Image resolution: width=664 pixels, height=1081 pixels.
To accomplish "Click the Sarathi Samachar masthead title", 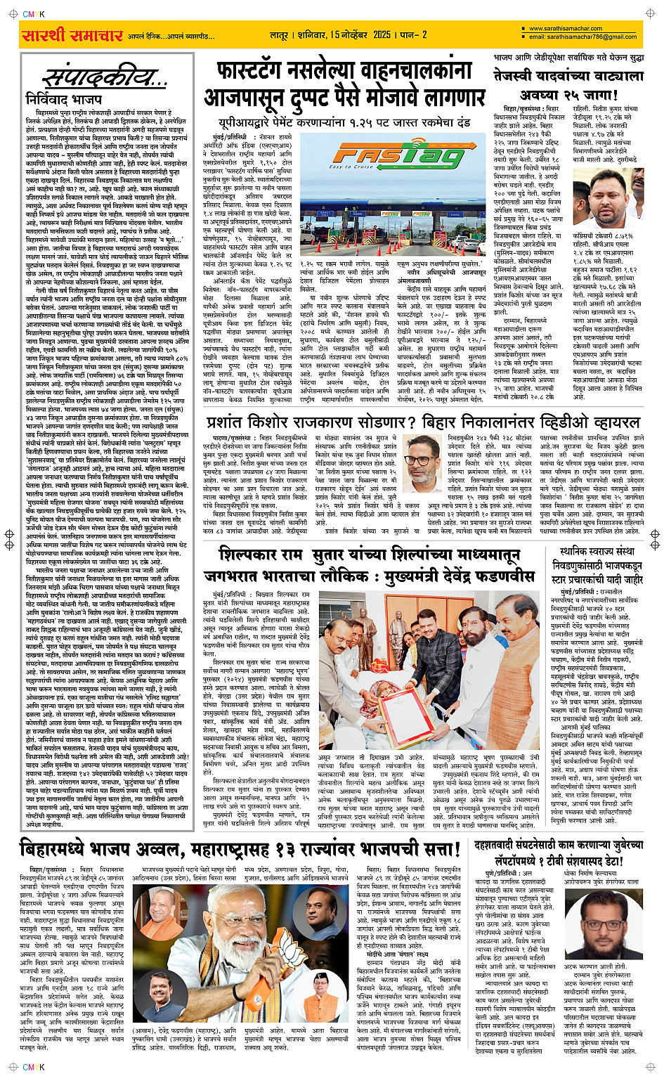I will click(72, 34).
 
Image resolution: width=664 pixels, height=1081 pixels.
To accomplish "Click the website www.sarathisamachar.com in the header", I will click(566, 29).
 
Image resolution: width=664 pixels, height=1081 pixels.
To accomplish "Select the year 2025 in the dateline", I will click(382, 34).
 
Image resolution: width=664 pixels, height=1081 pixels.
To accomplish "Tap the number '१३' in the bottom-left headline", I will click(287, 849).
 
